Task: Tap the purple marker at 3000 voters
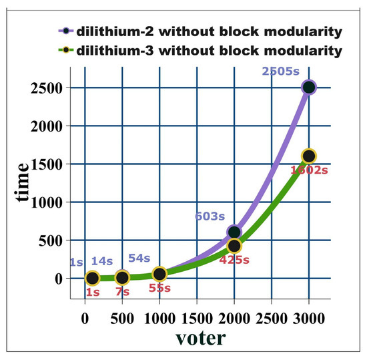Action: (308, 87)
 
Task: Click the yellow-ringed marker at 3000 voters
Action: (308, 156)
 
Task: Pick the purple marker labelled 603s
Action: (234, 232)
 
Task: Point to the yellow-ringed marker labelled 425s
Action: (234, 246)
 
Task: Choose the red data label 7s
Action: (123, 292)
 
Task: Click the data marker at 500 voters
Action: (122, 277)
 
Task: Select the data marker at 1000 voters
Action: (159, 274)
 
